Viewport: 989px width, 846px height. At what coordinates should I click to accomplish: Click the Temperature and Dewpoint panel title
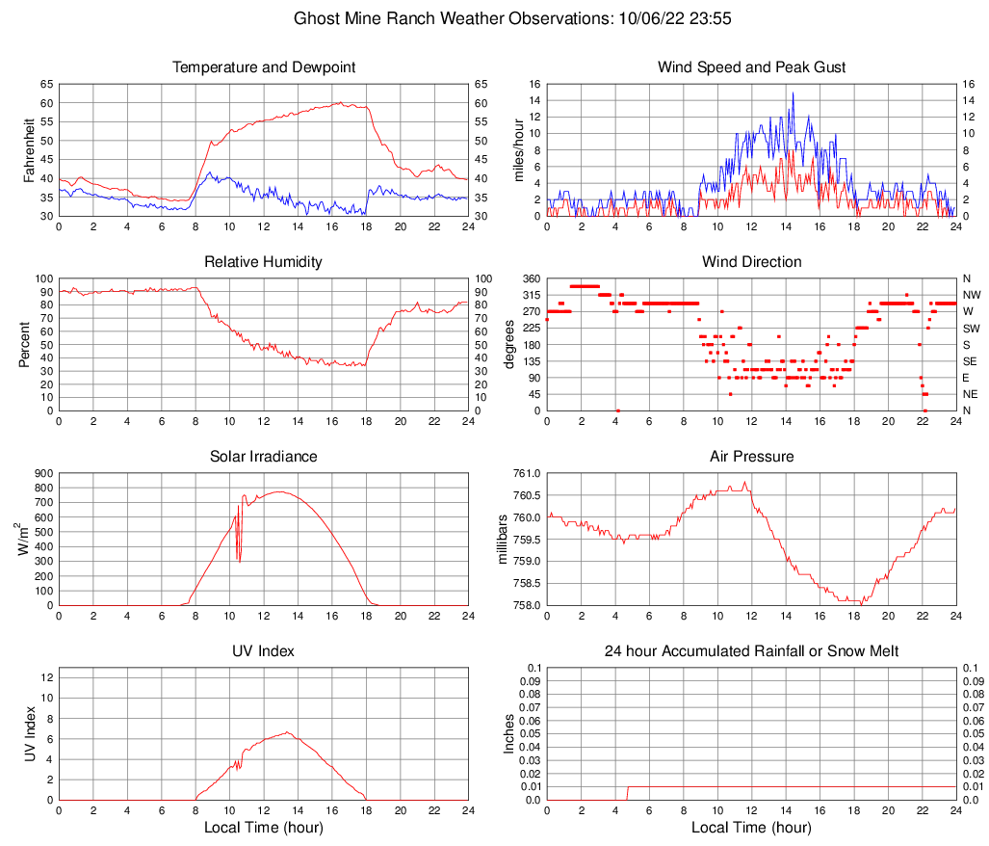[x=264, y=67]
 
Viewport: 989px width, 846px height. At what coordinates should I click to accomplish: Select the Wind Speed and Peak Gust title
[x=751, y=67]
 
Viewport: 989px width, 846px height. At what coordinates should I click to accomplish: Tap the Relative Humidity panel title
[x=264, y=262]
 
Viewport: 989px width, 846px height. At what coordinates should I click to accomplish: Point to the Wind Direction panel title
[x=751, y=262]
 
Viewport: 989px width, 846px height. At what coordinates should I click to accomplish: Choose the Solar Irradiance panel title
[x=264, y=457]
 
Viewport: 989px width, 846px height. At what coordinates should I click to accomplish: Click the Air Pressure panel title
[x=751, y=457]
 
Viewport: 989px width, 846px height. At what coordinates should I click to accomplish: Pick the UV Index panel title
[x=264, y=651]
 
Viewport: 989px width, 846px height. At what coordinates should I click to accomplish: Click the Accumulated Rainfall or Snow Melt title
[x=751, y=651]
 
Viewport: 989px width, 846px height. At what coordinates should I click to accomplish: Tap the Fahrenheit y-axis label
[x=29, y=149]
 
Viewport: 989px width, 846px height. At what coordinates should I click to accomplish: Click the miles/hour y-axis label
[x=518, y=149]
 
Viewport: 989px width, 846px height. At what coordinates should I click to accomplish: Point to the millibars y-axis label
[x=503, y=540]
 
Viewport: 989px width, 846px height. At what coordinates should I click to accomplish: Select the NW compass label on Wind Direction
[x=972, y=295]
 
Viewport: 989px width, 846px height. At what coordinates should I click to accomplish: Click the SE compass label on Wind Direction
[x=971, y=361]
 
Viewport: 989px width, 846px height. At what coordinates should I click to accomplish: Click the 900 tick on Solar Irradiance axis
[x=42, y=473]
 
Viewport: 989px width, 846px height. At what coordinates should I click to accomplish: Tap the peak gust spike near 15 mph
[x=793, y=93]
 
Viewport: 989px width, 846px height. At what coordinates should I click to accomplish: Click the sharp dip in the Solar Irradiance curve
[x=239, y=557]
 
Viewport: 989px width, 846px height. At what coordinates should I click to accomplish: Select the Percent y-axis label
[x=25, y=344]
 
